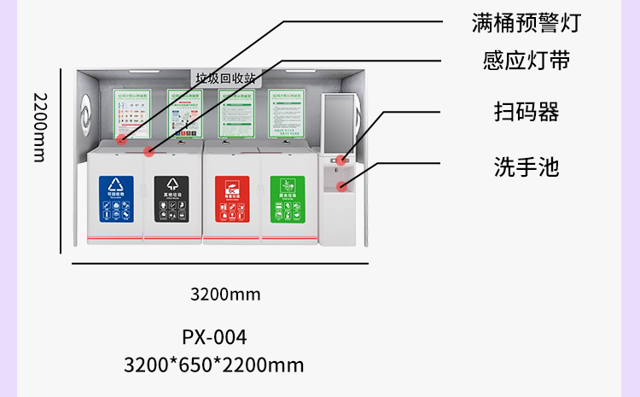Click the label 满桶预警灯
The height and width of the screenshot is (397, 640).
tap(527, 23)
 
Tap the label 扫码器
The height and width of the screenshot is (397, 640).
tap(526, 112)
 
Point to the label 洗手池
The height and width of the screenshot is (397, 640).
tap(526, 166)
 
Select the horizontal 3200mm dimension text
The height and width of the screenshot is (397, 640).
tap(224, 295)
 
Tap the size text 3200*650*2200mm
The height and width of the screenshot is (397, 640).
tap(213, 365)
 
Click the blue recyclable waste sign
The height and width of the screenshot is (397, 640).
tap(116, 199)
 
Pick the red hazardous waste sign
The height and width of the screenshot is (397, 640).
tap(231, 199)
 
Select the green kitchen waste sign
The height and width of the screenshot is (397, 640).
tap(287, 199)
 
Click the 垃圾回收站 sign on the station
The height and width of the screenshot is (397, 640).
tap(225, 78)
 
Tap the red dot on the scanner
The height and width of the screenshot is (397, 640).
tap(340, 159)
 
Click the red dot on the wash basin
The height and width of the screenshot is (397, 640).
tap(342, 185)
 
